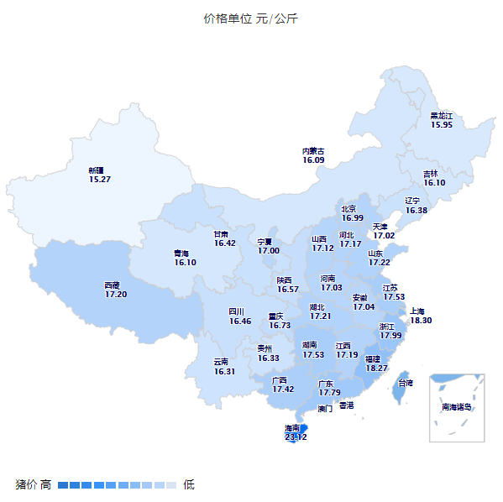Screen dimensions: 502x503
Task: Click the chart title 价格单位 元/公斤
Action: (x=250, y=18)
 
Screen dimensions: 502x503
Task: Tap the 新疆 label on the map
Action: (x=99, y=170)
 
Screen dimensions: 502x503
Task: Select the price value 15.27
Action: (x=100, y=180)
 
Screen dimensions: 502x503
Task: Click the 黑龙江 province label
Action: (x=442, y=115)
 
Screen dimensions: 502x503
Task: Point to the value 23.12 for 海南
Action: (x=296, y=437)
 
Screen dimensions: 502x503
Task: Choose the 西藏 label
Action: (x=116, y=285)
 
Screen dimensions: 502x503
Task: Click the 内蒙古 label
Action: (x=313, y=151)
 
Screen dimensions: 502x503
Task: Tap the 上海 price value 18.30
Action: (x=421, y=320)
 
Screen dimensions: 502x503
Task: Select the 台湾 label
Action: (x=405, y=383)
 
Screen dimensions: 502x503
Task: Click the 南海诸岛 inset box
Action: (x=457, y=407)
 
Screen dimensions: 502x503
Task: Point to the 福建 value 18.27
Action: (x=377, y=368)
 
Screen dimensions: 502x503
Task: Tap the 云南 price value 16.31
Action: (x=224, y=371)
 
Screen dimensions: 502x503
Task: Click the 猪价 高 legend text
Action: (x=34, y=484)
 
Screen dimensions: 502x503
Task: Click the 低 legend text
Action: (x=189, y=484)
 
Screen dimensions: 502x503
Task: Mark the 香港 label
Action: (x=346, y=405)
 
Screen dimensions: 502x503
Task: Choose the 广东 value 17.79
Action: (x=329, y=392)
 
